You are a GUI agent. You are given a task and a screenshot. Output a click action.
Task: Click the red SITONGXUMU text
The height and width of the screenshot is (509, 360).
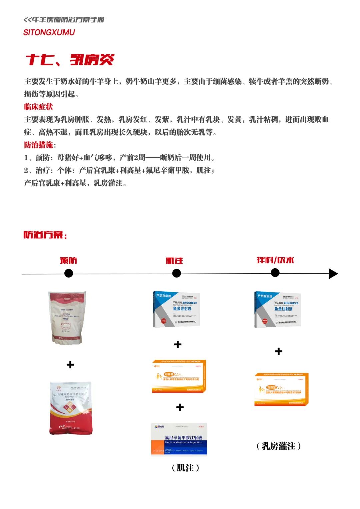click(x=49, y=32)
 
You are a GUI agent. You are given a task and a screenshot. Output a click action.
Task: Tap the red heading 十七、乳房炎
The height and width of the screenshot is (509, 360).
click(x=70, y=60)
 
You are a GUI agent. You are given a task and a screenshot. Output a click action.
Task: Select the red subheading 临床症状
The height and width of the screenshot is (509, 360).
click(x=38, y=107)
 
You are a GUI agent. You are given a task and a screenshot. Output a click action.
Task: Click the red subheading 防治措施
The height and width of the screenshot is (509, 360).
click(x=39, y=145)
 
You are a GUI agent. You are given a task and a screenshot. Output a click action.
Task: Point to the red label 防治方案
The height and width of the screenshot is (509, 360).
click(x=45, y=235)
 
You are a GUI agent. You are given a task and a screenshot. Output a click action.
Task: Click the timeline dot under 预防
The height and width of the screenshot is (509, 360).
click(x=69, y=273)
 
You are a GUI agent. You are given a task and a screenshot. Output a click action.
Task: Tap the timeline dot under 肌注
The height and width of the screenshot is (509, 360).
click(x=176, y=273)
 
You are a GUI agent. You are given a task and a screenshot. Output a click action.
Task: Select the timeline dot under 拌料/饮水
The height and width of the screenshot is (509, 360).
click(x=275, y=273)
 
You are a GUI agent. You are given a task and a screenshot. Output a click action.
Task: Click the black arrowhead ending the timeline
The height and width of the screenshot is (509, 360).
click(x=333, y=274)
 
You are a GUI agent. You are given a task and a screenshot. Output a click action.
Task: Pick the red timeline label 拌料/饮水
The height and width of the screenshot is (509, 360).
click(x=275, y=260)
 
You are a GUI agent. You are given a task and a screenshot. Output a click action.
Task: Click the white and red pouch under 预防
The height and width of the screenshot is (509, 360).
click(x=67, y=318)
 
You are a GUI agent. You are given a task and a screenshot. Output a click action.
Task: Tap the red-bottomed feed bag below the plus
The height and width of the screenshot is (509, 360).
click(x=71, y=408)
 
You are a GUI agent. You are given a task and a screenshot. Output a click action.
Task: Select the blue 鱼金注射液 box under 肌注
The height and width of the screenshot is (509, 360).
click(x=176, y=309)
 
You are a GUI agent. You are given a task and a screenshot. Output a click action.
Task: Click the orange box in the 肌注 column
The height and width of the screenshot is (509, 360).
click(x=179, y=376)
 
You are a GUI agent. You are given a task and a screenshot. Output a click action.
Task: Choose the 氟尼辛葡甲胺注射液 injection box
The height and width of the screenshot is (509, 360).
click(x=179, y=438)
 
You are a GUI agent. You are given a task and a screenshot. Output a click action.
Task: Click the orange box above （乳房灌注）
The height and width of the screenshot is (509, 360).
click(x=281, y=389)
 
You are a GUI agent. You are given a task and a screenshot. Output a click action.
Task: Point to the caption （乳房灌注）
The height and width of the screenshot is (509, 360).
click(x=279, y=446)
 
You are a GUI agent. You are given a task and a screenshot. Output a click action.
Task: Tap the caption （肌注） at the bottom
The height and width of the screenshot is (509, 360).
click(x=185, y=468)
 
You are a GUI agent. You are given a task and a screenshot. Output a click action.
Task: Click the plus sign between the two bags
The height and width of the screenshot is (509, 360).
click(x=70, y=365)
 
